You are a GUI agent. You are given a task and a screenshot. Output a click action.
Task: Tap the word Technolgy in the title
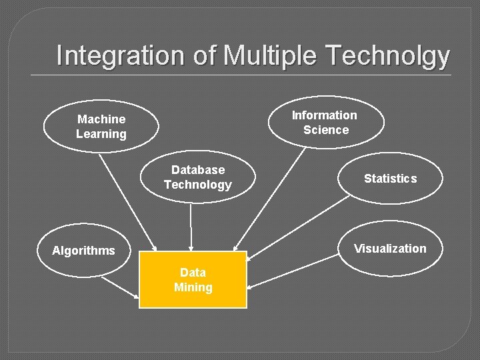click(387, 55)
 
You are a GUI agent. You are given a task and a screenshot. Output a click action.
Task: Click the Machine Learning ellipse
click(101, 126)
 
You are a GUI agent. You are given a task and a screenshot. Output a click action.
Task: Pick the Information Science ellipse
click(325, 122)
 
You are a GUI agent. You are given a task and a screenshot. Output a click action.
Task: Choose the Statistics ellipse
click(391, 178)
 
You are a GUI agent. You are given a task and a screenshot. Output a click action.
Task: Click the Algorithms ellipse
click(83, 251)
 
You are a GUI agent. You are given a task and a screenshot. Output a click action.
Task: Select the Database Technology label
click(197, 177)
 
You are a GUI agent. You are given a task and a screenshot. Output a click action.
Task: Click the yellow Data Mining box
click(193, 280)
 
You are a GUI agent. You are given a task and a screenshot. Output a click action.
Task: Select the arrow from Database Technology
click(191, 227)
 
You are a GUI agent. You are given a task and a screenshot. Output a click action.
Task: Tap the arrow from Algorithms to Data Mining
click(120, 286)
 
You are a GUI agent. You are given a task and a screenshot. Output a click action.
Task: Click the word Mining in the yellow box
click(193, 287)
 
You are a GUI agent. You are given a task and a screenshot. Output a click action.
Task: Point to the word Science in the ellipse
click(326, 130)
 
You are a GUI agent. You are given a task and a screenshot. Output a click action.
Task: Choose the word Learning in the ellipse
click(101, 134)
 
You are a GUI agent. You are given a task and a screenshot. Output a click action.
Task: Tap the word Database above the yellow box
click(198, 170)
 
